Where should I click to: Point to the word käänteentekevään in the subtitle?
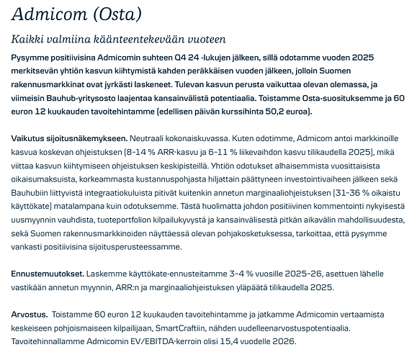(x=140, y=39)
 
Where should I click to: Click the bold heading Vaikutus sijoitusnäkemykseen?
(x=69, y=138)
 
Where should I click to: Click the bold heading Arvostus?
(x=30, y=315)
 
